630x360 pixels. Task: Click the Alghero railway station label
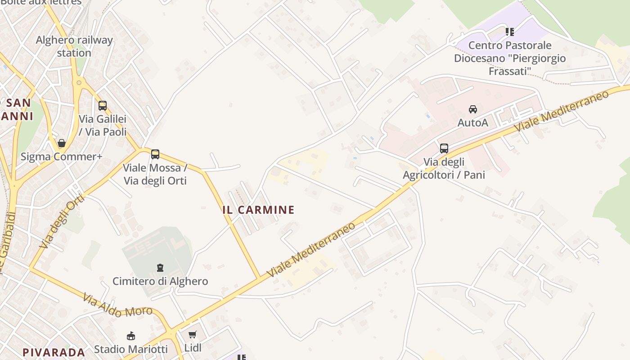tap(74, 46)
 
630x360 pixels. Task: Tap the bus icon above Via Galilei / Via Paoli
tap(103, 106)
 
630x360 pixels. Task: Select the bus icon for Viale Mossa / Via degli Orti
tap(155, 154)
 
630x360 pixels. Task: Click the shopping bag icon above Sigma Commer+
tap(62, 143)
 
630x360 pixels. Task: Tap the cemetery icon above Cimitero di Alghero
tap(160, 268)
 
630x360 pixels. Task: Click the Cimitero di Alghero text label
tap(160, 281)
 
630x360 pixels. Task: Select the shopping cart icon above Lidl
tap(193, 335)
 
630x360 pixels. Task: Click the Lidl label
tap(193, 348)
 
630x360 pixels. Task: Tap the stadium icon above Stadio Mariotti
tap(131, 336)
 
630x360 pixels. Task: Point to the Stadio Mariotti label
tap(131, 349)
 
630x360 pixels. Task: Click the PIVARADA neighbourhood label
tap(54, 352)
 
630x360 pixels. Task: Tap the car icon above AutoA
tap(473, 109)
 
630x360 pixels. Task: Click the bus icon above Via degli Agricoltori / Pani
tap(444, 148)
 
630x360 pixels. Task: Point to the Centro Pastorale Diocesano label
tap(510, 58)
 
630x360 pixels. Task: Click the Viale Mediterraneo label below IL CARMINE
tap(310, 250)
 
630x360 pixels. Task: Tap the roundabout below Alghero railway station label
tap(79, 82)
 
